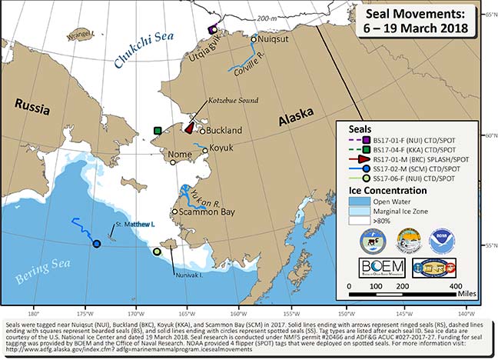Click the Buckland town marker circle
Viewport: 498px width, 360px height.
coord(202,131)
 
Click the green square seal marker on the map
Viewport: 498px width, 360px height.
coord(157,131)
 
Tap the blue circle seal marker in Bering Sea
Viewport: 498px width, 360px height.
coord(97,244)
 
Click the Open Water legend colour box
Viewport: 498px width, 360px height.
coord(358,199)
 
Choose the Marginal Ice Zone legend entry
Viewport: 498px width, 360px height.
coord(404,209)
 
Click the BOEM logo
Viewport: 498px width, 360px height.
coord(379,268)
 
